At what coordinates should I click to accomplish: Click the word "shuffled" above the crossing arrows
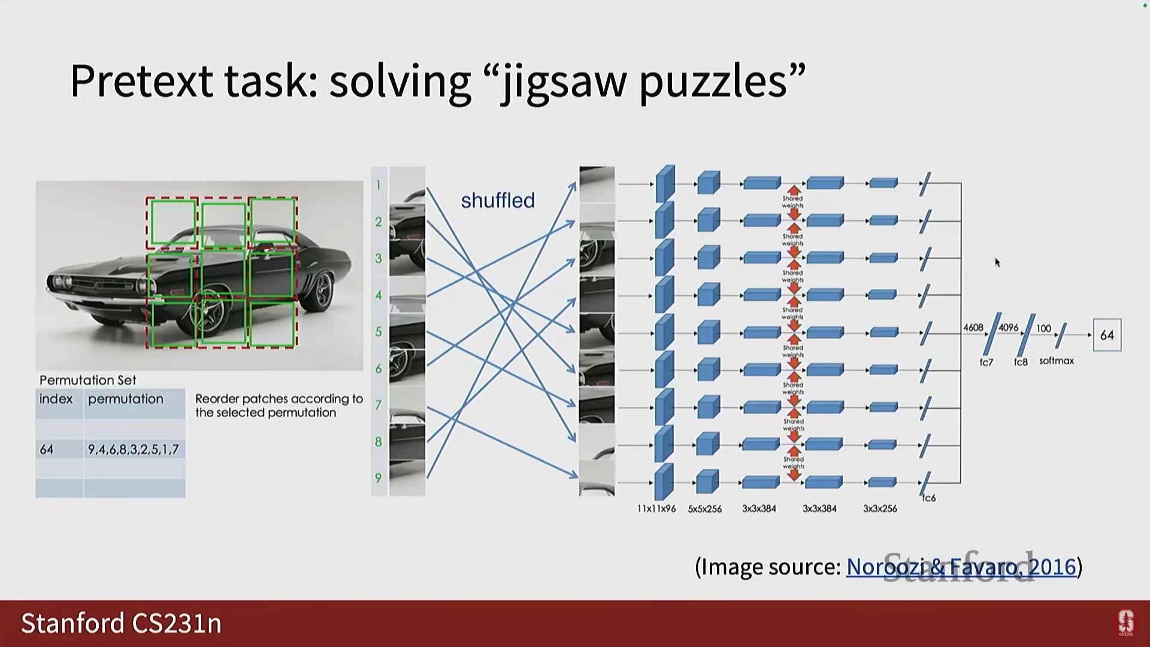tap(497, 201)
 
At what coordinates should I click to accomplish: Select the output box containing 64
tap(1106, 335)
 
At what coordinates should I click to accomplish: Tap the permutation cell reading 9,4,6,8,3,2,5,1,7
tap(134, 449)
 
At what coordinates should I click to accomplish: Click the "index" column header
tap(56, 399)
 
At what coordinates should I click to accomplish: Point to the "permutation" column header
tap(126, 399)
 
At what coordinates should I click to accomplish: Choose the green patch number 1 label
tap(379, 185)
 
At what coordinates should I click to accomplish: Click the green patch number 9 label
tap(379, 478)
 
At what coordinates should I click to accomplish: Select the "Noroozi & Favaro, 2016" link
tap(961, 567)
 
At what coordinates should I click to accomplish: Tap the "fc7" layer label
tap(986, 362)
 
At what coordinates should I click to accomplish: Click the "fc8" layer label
tap(1021, 362)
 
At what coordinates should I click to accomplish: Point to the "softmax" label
tap(1057, 361)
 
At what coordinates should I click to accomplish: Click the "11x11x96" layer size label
tap(656, 509)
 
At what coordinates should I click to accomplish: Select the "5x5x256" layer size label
tap(705, 509)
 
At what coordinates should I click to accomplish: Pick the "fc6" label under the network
tap(929, 498)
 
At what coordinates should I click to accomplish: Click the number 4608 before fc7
tap(973, 328)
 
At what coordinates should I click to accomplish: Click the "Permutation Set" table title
tap(88, 380)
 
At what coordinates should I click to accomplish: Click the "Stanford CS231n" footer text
tap(122, 624)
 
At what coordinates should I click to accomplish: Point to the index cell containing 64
tap(47, 449)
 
